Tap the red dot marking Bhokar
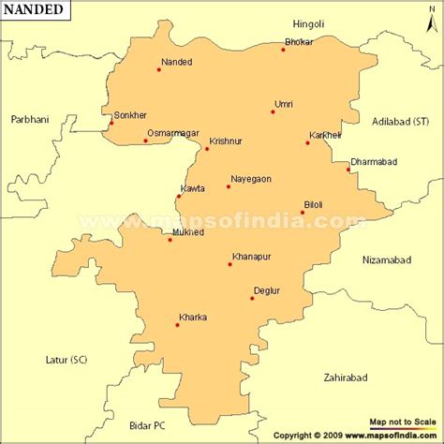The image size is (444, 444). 283,49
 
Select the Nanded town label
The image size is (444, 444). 176,62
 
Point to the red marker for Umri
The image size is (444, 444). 273,112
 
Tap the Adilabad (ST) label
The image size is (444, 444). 400,122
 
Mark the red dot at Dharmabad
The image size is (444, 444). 348,170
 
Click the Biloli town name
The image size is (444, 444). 314,204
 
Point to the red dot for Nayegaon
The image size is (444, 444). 228,186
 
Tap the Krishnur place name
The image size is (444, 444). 226,140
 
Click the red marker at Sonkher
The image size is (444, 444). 111,123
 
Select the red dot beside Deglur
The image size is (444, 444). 252,299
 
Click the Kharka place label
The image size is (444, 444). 192,318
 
